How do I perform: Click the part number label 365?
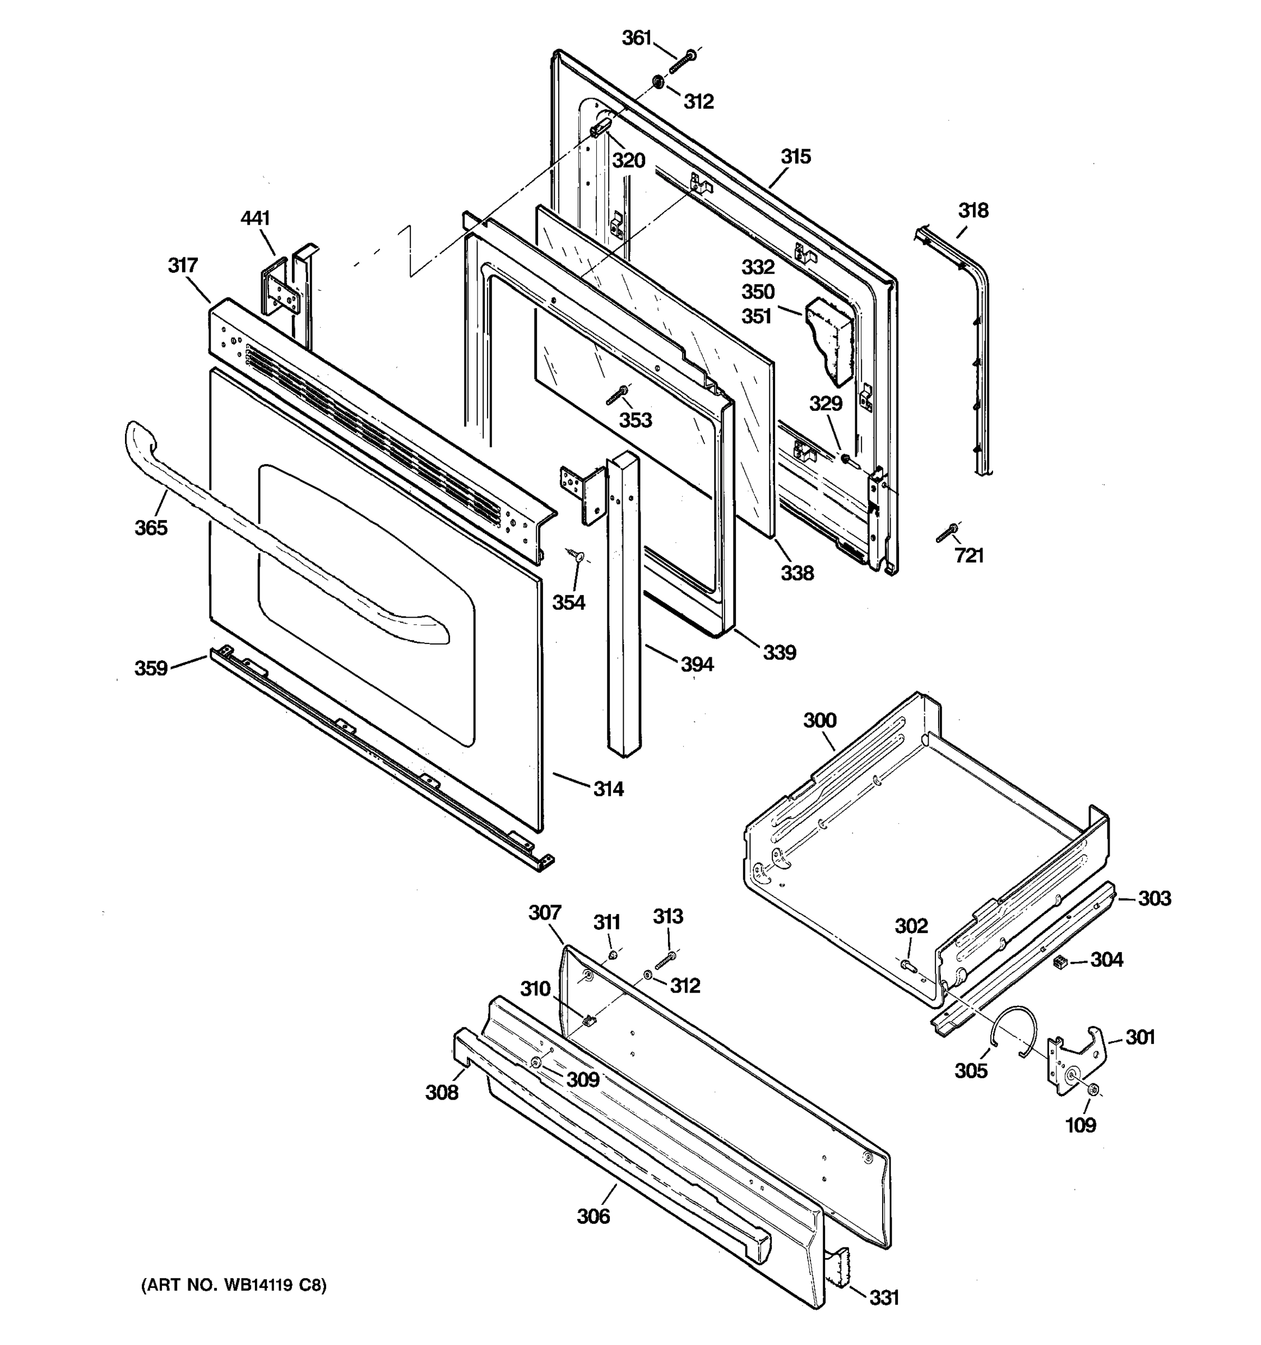pyautogui.click(x=151, y=528)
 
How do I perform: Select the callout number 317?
pyautogui.click(x=183, y=265)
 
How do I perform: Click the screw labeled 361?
pyautogui.click(x=682, y=62)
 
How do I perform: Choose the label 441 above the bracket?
pyautogui.click(x=255, y=218)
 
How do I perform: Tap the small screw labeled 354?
pyautogui.click(x=576, y=557)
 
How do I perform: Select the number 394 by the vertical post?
pyautogui.click(x=697, y=665)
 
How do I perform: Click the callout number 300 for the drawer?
pyautogui.click(x=820, y=720)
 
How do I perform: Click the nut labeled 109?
pyautogui.click(x=1093, y=1090)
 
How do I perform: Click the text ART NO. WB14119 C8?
pyautogui.click(x=233, y=1285)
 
